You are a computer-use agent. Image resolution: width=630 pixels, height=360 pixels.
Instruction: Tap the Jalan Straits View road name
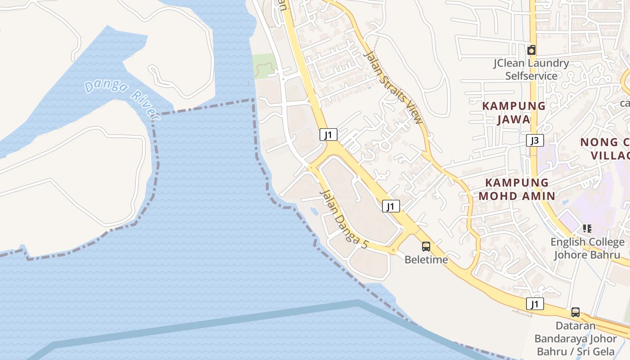click(x=393, y=88)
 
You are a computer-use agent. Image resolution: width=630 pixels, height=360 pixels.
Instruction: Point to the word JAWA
click(x=514, y=120)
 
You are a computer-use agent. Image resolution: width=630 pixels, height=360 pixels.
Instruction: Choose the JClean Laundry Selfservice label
click(x=531, y=69)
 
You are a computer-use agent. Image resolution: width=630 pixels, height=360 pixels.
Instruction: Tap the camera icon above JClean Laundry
click(x=531, y=50)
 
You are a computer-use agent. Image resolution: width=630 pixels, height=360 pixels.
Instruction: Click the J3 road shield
click(x=535, y=141)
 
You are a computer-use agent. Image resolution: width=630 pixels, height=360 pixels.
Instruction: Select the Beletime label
click(x=426, y=260)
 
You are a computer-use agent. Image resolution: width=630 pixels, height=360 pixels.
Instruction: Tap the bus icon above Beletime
click(x=426, y=247)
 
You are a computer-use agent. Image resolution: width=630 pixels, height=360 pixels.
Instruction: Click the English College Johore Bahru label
click(x=587, y=248)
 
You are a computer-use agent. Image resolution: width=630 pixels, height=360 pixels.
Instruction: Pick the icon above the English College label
click(x=587, y=229)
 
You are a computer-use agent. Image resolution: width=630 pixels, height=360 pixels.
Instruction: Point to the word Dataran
click(x=576, y=325)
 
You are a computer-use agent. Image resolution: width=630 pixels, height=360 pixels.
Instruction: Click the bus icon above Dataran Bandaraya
click(x=575, y=312)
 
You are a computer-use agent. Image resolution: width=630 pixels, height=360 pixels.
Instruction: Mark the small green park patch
click(x=264, y=66)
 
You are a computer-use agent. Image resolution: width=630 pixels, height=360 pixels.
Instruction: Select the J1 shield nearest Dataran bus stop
click(x=535, y=304)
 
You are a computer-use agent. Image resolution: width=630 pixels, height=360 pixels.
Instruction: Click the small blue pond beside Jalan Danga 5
click(x=314, y=210)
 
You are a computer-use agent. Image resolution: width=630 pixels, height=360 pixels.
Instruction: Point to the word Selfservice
click(x=531, y=76)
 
